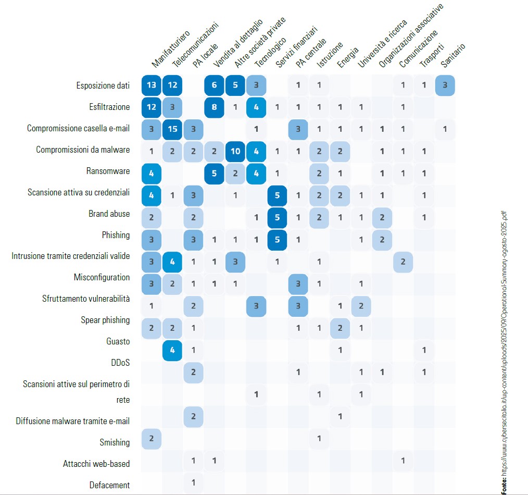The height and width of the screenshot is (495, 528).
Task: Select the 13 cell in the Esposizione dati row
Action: click(152, 85)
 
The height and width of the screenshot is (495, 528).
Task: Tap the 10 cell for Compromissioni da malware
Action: click(235, 151)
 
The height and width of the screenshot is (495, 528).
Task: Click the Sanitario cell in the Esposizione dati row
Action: click(445, 85)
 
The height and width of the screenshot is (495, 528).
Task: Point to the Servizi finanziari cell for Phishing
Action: click(277, 239)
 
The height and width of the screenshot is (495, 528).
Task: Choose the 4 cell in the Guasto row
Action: click(173, 350)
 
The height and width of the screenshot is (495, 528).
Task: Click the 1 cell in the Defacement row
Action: click(193, 482)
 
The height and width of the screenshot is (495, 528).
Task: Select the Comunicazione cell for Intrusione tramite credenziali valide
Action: click(403, 261)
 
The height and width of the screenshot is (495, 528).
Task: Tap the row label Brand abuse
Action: click(109, 214)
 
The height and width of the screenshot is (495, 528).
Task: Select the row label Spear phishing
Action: click(105, 320)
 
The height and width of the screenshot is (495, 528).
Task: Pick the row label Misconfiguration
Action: click(102, 277)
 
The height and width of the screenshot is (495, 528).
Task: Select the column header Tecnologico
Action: click(270, 53)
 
